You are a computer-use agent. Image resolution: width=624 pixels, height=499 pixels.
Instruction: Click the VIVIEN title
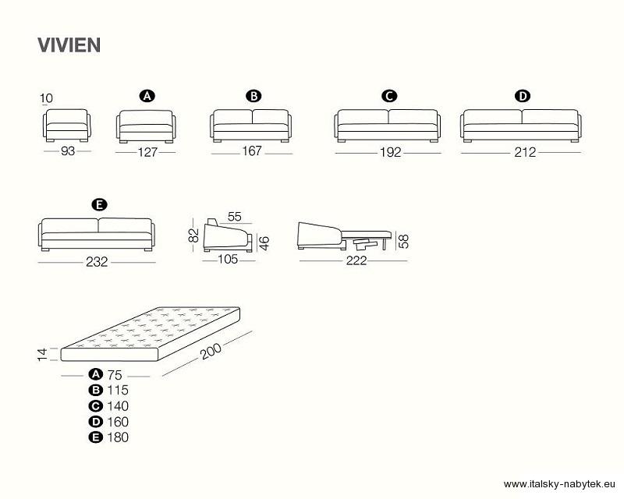click(69, 45)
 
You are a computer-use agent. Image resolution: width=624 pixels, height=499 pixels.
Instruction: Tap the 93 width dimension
click(68, 151)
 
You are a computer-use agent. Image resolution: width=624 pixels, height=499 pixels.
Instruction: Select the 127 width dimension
click(147, 152)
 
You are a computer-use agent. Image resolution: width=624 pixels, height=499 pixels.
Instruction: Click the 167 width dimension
click(252, 150)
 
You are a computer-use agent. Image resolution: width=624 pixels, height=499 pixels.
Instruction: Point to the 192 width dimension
click(391, 152)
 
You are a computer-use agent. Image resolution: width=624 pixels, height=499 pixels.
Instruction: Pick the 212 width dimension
click(525, 152)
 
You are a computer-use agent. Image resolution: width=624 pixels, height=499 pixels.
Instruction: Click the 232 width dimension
click(97, 262)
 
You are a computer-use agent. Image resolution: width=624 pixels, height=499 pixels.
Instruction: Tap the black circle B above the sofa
click(253, 97)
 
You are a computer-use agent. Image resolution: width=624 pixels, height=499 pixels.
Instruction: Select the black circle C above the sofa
click(388, 97)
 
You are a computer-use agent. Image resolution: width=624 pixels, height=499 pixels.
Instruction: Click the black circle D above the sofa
click(523, 97)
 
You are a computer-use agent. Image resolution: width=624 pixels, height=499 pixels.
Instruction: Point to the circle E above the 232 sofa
click(99, 205)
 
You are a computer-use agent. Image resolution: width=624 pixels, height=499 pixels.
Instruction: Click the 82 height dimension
click(193, 235)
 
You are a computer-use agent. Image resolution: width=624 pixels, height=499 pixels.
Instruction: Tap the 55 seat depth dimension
click(235, 217)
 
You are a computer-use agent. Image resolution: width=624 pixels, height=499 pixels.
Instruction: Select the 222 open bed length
click(356, 260)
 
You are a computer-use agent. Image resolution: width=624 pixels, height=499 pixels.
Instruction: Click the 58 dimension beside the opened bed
click(403, 242)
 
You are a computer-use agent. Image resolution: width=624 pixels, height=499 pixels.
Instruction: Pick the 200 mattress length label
click(211, 351)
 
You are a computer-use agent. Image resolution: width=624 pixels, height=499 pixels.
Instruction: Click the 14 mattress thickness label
click(42, 355)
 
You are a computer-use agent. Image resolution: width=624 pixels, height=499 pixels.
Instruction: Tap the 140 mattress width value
click(118, 406)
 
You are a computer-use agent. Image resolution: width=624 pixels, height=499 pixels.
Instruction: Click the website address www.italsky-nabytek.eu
click(559, 484)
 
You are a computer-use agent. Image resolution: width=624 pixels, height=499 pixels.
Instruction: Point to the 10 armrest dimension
click(46, 98)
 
